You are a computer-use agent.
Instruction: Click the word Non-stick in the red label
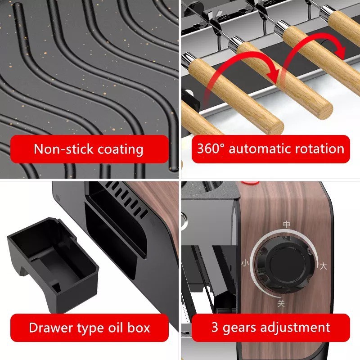pyautogui.click(x=63, y=149)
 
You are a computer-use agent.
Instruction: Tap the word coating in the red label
pyautogui.click(x=121, y=149)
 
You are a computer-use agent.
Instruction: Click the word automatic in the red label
pyautogui.click(x=260, y=148)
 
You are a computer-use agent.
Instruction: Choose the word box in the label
pyautogui.click(x=139, y=328)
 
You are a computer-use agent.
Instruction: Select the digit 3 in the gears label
pyautogui.click(x=215, y=327)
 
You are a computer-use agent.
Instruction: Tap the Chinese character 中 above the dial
pyautogui.click(x=287, y=224)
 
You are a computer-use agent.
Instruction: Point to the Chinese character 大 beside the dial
pyautogui.click(x=323, y=266)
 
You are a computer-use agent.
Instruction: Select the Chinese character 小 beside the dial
pyautogui.click(x=245, y=263)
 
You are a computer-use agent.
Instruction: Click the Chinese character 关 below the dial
pyautogui.click(x=281, y=303)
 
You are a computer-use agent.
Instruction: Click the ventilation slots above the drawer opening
pyautogui.click(x=126, y=199)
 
